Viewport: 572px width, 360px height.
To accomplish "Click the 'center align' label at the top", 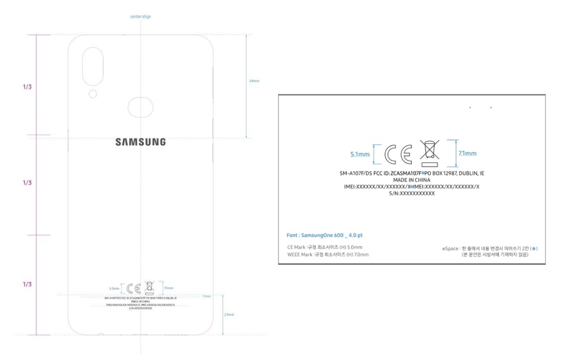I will pos(141,17).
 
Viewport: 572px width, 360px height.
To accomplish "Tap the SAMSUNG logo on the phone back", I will pos(141,142).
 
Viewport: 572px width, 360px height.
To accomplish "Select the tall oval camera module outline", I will pos(93,67).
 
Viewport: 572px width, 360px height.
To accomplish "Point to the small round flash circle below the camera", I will pos(93,94).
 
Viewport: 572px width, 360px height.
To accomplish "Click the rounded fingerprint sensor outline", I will pos(141,107).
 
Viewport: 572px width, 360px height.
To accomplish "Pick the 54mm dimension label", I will pos(254,81).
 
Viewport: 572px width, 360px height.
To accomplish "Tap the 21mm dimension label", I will pos(229,315).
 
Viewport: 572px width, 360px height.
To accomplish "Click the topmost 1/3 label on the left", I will pos(27,87).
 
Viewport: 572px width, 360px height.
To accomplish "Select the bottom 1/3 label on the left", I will pos(27,284).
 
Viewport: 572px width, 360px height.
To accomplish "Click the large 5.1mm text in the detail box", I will pos(360,154).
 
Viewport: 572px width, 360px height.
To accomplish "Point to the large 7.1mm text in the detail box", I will pos(467,153).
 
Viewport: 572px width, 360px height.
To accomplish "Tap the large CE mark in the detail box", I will pos(398,154).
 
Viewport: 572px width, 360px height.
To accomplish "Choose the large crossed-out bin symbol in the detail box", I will pos(430,153).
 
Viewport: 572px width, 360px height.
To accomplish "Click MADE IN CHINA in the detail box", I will pos(412,180).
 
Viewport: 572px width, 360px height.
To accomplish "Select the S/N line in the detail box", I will pos(412,194).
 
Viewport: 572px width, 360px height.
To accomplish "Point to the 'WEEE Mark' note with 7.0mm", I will pos(328,254).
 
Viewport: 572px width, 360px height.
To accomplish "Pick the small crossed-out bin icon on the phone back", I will pos(150,287).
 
